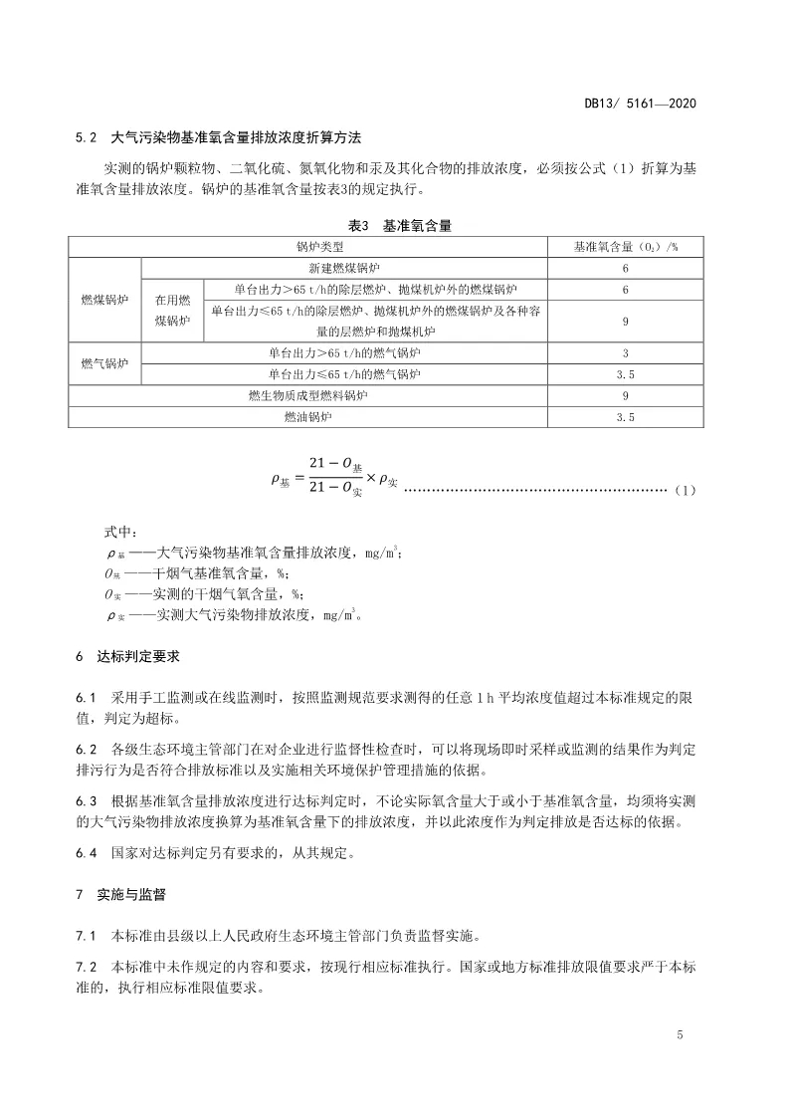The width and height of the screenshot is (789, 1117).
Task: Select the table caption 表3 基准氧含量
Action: (x=408, y=227)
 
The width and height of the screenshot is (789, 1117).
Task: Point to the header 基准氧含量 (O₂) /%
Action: (x=625, y=246)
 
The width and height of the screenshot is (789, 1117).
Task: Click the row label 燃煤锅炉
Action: (x=104, y=300)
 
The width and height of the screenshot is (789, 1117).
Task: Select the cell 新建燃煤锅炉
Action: (x=344, y=269)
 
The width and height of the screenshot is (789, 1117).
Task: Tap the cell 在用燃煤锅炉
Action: (x=172, y=310)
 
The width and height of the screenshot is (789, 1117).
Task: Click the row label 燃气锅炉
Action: (x=104, y=363)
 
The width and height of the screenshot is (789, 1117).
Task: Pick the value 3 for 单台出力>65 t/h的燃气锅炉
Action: (x=625, y=353)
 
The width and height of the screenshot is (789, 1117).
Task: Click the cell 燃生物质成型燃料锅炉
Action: (x=307, y=395)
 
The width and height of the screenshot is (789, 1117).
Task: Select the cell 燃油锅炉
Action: (x=307, y=417)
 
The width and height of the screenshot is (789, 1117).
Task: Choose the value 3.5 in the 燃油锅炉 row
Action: (x=625, y=417)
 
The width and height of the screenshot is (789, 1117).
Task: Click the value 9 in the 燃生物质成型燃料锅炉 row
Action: (x=625, y=395)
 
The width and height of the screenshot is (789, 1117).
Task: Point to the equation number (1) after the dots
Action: (x=686, y=491)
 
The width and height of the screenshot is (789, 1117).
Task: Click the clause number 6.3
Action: (x=86, y=800)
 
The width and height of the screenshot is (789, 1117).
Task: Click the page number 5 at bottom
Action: (x=680, y=1036)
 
